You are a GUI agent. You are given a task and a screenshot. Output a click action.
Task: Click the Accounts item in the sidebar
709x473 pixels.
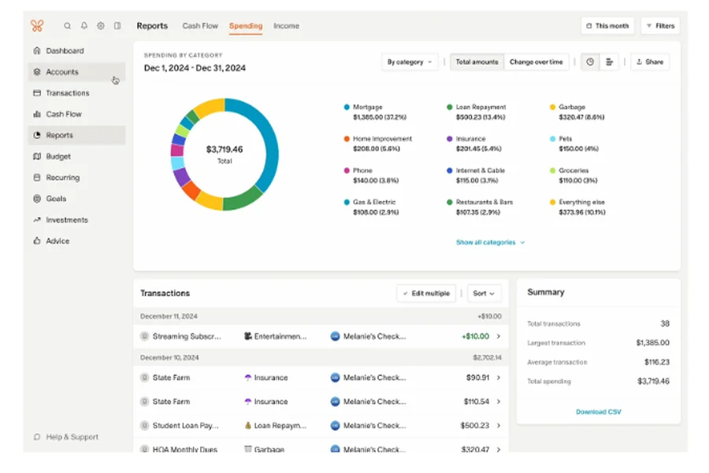62,72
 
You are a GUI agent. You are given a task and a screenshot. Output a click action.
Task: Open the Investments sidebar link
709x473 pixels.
66,220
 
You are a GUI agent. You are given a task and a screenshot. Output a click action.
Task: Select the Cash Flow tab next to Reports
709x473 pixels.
200,26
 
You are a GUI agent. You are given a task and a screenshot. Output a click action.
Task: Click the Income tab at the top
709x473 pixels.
286,26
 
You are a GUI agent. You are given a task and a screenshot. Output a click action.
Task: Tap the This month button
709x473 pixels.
607,26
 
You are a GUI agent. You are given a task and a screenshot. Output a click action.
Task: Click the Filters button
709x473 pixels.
660,26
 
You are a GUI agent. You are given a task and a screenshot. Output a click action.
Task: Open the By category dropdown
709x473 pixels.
410,62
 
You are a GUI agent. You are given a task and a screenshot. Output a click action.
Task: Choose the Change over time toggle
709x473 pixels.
536,62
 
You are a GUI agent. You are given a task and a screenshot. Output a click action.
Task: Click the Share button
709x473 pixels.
650,62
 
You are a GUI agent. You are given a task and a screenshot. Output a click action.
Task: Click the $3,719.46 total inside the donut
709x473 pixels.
225,150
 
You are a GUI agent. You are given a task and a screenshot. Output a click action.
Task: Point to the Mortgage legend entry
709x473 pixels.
367,107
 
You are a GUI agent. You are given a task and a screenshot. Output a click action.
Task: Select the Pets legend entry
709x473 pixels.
566,139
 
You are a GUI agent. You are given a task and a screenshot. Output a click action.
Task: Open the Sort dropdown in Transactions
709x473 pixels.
484,293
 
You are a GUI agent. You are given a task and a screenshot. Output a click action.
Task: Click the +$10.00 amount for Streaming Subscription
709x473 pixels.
475,337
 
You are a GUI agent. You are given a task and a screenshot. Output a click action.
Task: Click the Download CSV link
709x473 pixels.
598,412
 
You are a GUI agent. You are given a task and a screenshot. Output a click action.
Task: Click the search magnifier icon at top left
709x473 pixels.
67,26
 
